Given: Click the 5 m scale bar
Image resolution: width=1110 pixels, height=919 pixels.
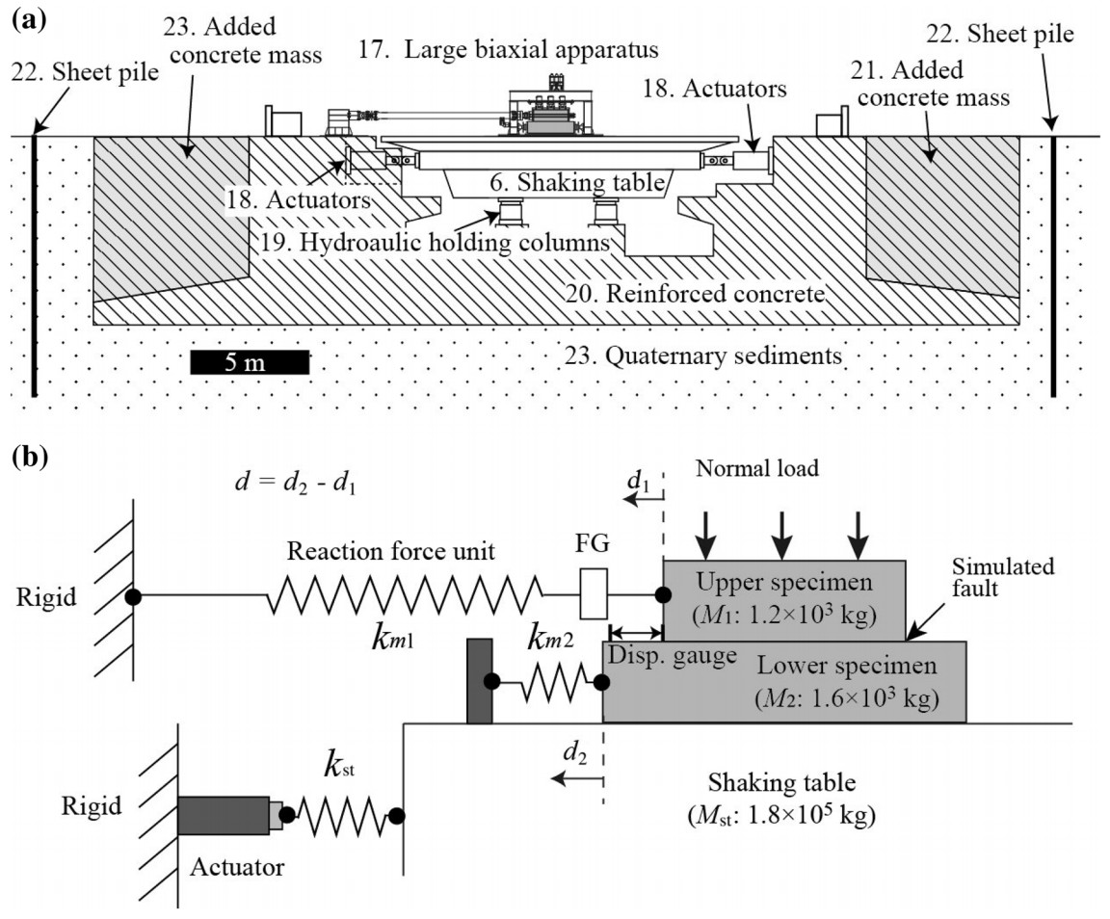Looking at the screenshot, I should [250, 362].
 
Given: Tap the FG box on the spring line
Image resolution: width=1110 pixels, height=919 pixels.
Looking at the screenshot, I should [594, 594].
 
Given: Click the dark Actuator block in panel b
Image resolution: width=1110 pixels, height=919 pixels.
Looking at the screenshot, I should [223, 815].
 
